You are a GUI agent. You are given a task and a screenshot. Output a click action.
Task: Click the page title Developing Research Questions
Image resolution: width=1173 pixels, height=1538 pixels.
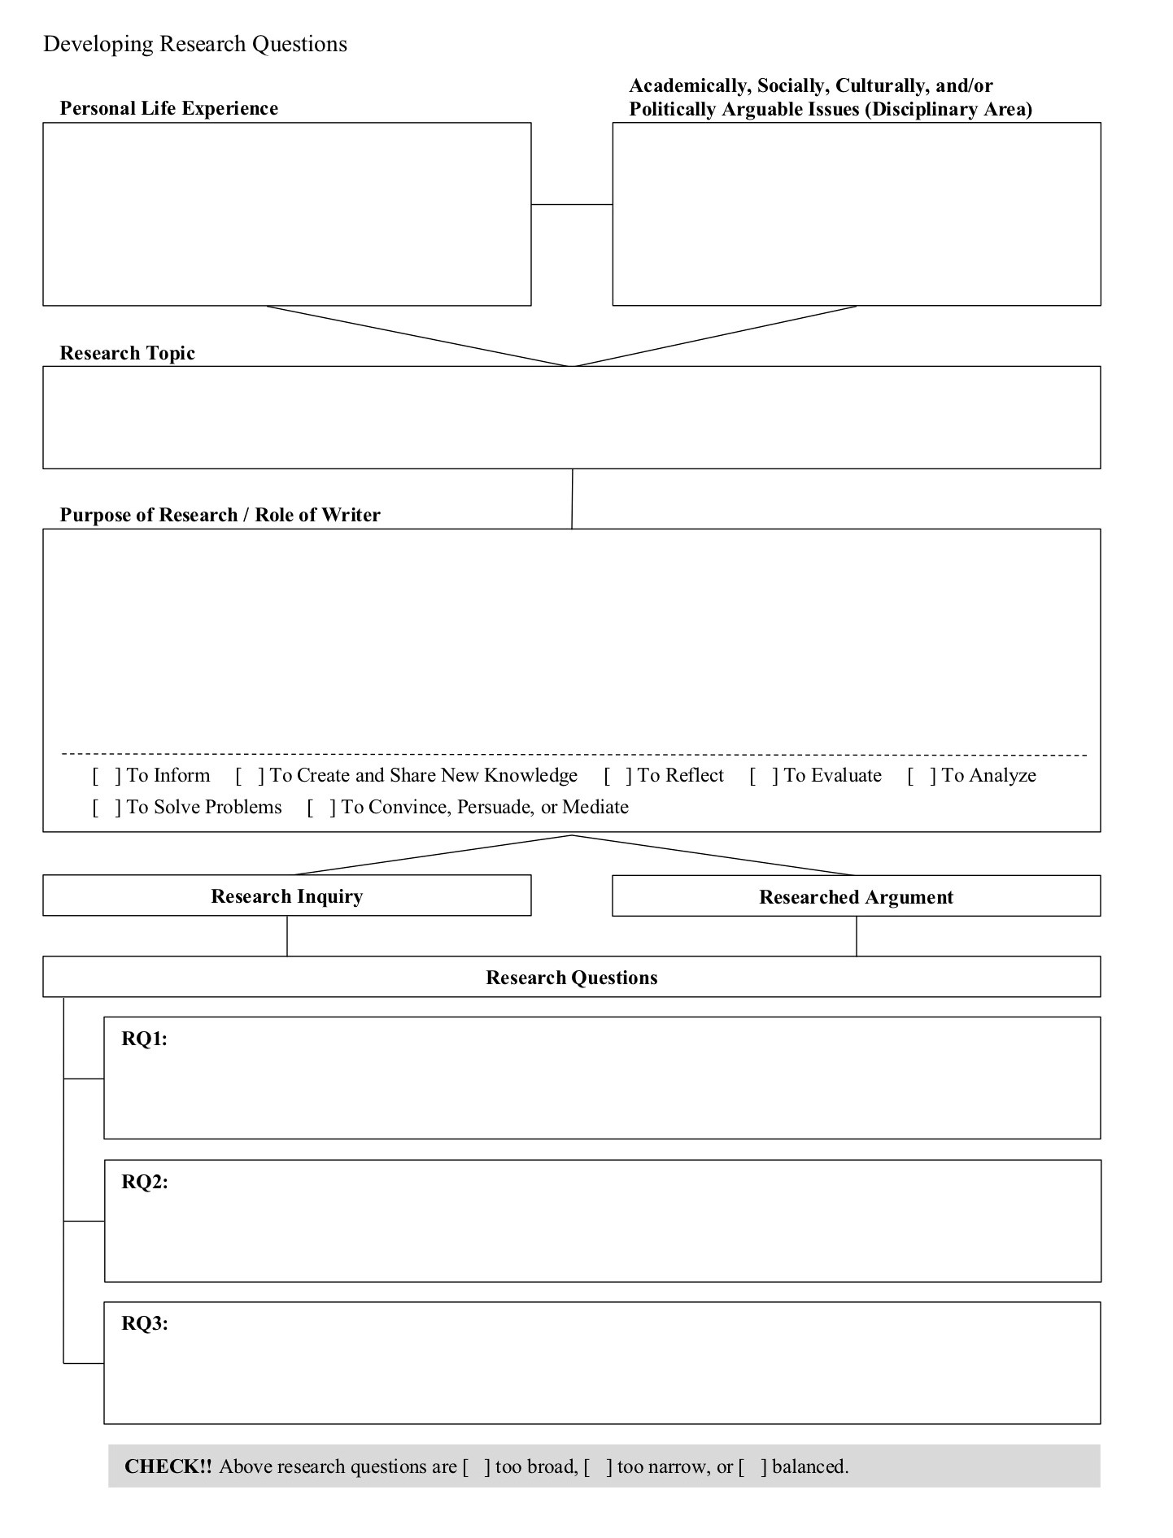[195, 44]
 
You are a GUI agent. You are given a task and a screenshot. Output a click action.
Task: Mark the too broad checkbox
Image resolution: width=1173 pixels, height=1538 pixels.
[477, 1467]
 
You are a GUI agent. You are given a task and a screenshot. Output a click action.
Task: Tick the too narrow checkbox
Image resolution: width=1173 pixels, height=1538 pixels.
[598, 1467]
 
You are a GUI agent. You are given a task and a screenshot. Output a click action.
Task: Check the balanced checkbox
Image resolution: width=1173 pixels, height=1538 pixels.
[752, 1467]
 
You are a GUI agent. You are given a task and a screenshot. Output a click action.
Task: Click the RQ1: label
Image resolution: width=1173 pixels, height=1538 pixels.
[144, 1039]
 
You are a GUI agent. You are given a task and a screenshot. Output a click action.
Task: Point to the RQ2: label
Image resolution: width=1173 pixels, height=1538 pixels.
[144, 1182]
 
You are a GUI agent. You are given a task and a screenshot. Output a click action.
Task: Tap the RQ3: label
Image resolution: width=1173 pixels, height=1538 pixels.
[144, 1323]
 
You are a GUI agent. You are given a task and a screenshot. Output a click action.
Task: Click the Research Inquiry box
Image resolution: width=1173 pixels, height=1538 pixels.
[286, 895]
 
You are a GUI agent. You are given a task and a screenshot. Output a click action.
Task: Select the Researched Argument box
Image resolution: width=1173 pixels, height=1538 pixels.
[856, 896]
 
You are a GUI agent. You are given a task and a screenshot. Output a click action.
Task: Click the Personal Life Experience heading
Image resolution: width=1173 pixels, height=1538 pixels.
[169, 108]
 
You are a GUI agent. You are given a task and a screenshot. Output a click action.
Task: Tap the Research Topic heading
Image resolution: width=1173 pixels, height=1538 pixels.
[128, 353]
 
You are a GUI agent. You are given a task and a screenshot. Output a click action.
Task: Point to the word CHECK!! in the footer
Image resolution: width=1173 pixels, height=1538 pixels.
[168, 1466]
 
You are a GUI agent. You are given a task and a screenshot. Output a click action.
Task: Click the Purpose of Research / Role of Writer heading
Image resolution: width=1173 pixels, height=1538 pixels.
[220, 515]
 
